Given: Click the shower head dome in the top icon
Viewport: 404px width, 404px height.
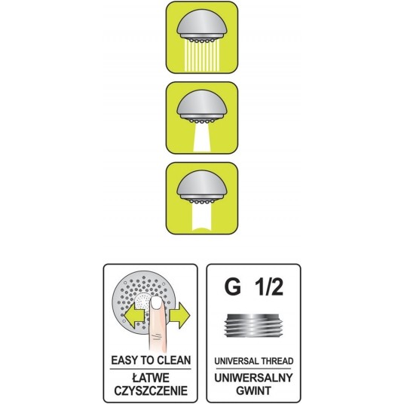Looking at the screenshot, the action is (x=202, y=24).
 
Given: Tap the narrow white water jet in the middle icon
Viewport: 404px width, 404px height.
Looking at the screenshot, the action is (x=202, y=137).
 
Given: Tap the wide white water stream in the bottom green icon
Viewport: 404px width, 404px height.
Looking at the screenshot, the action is (x=202, y=216).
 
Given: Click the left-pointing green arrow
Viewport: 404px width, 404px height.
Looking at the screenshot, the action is (x=134, y=315).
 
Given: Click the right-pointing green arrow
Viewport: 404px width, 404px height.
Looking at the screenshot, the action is (x=179, y=315).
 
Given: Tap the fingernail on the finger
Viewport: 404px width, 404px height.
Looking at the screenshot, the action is (x=156, y=302).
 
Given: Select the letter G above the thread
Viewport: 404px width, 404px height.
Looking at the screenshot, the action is (x=233, y=286).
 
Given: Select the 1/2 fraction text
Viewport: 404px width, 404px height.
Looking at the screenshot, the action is (x=269, y=286).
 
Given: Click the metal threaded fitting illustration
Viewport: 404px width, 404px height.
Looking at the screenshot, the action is (x=253, y=326).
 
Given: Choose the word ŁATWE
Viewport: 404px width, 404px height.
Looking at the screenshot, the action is (x=151, y=378).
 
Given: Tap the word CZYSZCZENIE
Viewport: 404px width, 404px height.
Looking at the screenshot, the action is (x=151, y=391).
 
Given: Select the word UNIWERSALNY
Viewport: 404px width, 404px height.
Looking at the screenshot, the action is (x=253, y=378).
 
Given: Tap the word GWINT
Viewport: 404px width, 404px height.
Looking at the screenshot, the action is (x=253, y=390).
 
